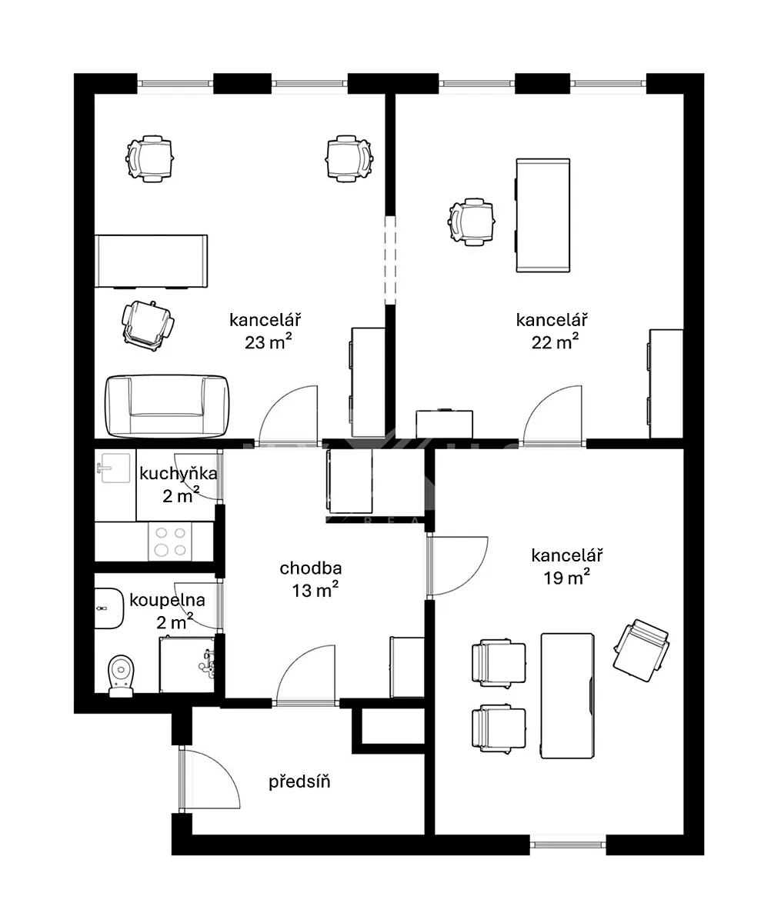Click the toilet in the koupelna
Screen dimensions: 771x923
[x=121, y=676]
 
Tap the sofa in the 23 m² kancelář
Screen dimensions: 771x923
[x=167, y=406]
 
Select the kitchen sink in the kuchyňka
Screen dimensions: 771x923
[x=113, y=468]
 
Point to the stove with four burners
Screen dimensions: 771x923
[x=170, y=541]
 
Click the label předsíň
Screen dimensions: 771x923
[x=299, y=781]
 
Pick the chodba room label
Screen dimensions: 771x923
[x=311, y=568]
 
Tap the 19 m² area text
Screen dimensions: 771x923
[x=566, y=578]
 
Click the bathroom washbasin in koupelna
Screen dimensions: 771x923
[x=108, y=608]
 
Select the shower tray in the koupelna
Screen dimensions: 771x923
[x=187, y=665]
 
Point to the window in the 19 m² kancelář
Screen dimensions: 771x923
[x=568, y=845]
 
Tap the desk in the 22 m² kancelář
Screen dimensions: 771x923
[x=542, y=215]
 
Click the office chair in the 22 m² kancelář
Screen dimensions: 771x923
[x=472, y=222]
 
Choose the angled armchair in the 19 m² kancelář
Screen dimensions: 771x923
[x=641, y=650]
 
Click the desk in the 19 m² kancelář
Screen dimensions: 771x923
[x=568, y=696]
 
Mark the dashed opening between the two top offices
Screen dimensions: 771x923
[x=390, y=260]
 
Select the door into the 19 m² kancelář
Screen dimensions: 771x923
[x=457, y=567]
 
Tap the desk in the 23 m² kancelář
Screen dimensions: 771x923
[x=152, y=262]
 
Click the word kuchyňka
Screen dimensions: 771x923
[x=179, y=474]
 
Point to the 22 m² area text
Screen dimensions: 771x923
[x=555, y=342]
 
